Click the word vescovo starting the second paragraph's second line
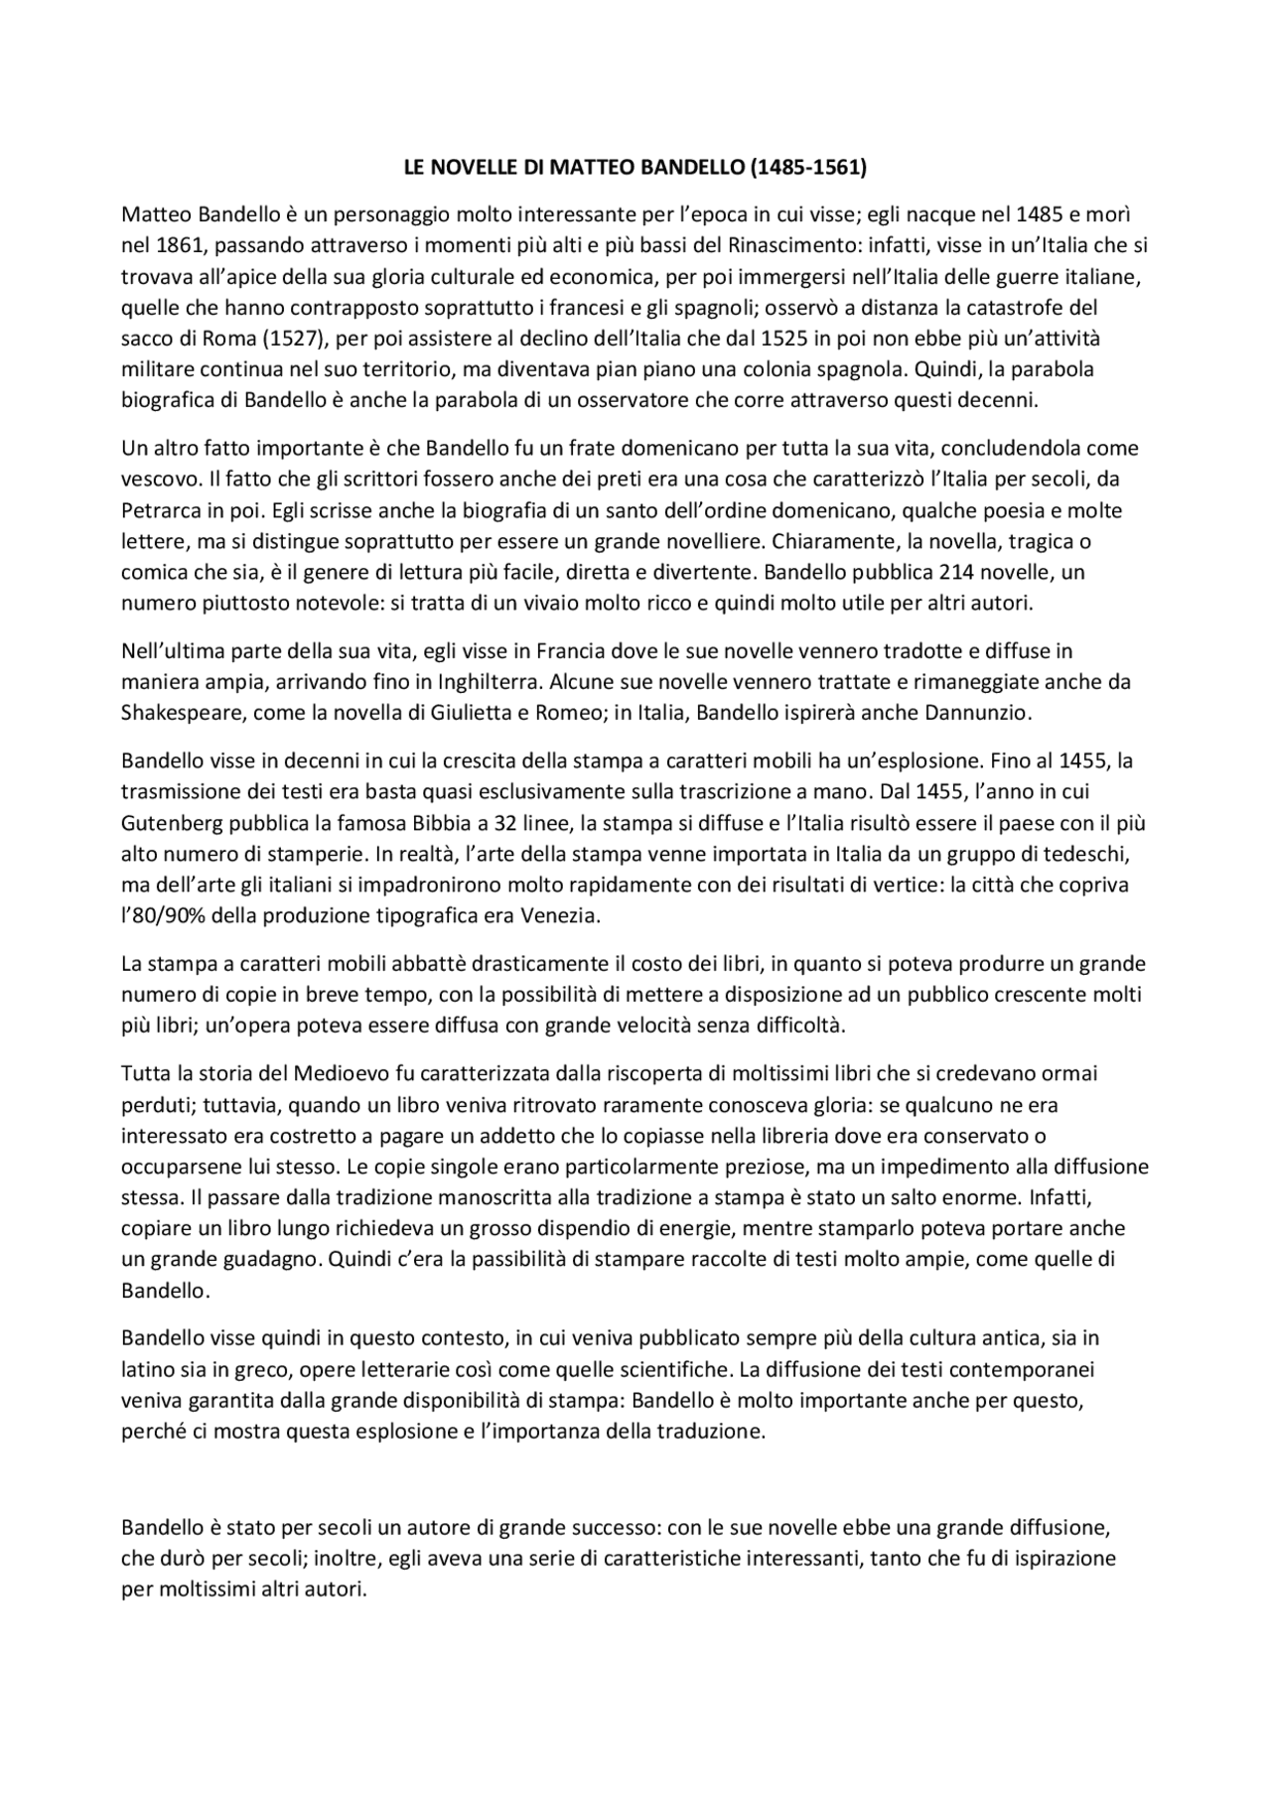[156, 480]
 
